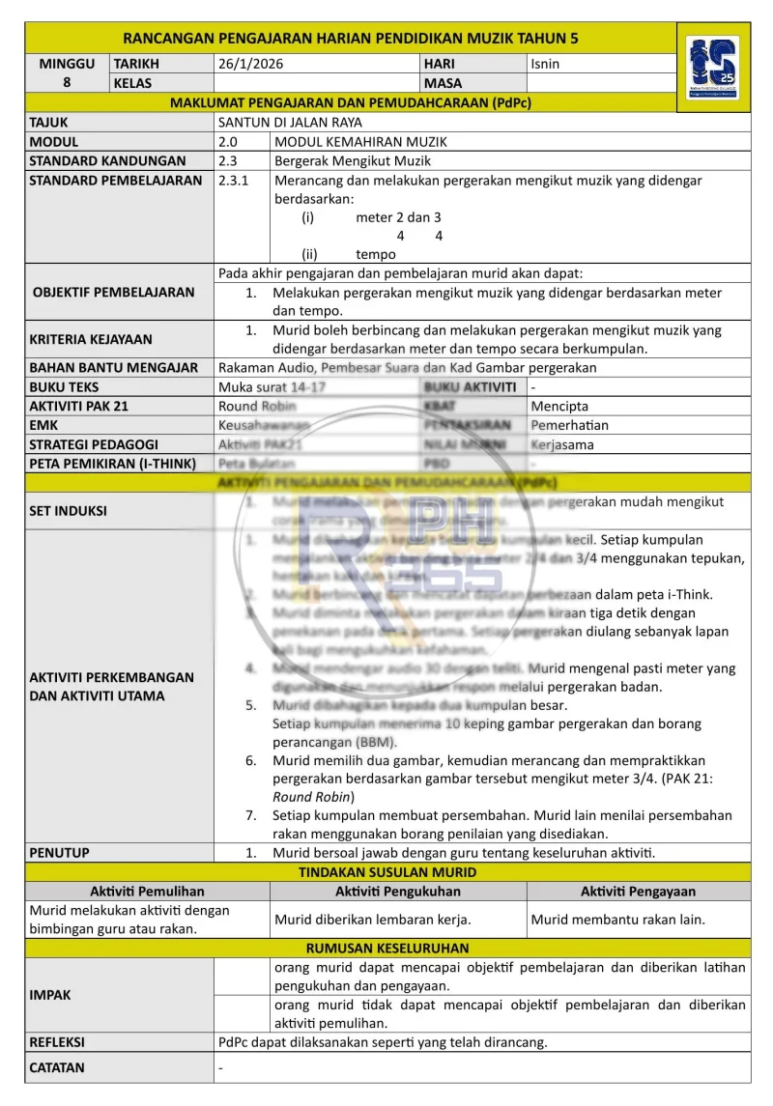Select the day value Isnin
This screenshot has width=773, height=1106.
[545, 64]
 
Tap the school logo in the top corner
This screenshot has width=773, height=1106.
[713, 68]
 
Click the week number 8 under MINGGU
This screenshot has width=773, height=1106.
[67, 83]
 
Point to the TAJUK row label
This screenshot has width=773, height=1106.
[49, 123]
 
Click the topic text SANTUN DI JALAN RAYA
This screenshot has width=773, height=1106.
[290, 123]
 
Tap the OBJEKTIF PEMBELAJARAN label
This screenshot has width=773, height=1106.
[113, 292]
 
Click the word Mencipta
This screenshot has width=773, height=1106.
[559, 407]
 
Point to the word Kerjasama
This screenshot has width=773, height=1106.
[562, 445]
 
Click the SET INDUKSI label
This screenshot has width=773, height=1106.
[69, 511]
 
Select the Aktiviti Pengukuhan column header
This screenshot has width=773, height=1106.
[398, 892]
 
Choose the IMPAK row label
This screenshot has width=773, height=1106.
[50, 995]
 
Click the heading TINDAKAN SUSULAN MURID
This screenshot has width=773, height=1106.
[387, 872]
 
